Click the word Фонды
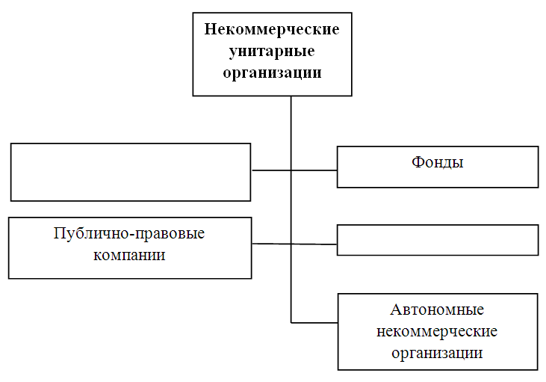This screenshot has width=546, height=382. point(438,163)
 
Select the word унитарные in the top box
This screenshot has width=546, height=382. point(272,52)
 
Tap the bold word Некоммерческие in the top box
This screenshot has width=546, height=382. point(272,29)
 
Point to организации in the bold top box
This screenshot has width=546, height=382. point(272,73)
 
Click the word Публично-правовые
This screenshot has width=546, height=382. point(129,233)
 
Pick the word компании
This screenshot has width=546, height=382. point(129,255)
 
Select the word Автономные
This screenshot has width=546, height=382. point(437,309)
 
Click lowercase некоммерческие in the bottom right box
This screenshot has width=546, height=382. point(437,331)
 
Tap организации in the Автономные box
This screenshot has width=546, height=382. point(437,353)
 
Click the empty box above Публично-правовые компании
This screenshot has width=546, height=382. point(131,172)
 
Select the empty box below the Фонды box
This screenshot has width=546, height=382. point(438,240)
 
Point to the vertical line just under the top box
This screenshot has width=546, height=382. point(291,133)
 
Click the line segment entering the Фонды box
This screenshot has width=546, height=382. point(314,170)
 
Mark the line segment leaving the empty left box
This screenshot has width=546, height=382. point(271,170)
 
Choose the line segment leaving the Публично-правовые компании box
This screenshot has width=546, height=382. point(271,244)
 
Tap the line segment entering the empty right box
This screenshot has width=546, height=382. point(314,244)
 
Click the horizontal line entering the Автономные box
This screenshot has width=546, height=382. point(314,323)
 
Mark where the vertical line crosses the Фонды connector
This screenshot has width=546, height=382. point(291,170)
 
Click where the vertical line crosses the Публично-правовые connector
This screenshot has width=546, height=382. point(291,244)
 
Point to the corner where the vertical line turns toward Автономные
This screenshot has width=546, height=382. point(291,323)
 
